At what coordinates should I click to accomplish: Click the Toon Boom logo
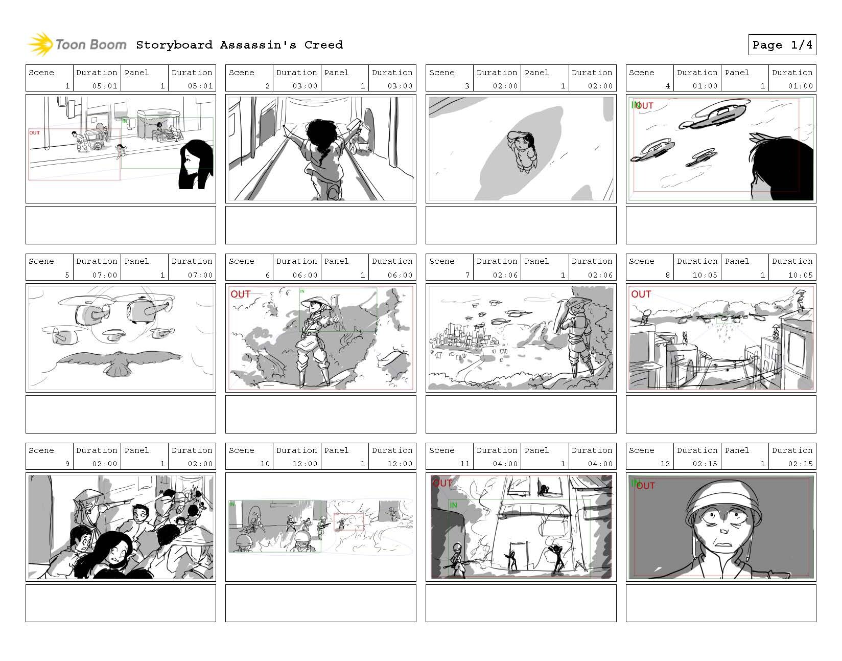click(77, 44)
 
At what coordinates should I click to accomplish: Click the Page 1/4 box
click(782, 45)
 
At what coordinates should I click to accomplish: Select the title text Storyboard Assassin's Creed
click(239, 45)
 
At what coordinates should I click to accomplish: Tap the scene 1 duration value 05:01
click(104, 86)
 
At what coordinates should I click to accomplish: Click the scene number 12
click(665, 464)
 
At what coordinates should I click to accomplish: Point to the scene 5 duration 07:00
click(104, 275)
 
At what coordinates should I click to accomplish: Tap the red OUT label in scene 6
click(240, 294)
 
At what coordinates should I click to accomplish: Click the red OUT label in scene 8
click(641, 294)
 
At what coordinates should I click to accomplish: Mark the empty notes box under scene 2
click(320, 225)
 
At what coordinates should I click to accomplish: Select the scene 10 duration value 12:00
click(305, 464)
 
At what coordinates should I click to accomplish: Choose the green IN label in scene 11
click(453, 505)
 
